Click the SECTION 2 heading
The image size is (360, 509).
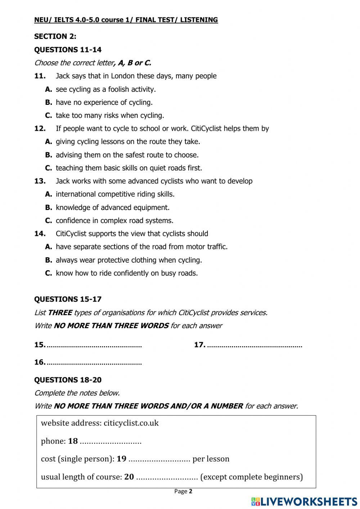[x=55, y=36]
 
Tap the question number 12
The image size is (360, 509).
[x=40, y=129]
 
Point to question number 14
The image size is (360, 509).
[x=40, y=234]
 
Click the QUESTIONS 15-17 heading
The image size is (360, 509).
[x=68, y=299]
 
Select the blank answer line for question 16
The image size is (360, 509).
[x=94, y=363]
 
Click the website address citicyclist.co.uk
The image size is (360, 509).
[x=131, y=423]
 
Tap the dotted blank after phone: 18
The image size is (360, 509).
[x=111, y=442]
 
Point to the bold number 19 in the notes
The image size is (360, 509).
[x=122, y=459]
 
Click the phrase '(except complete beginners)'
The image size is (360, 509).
[x=251, y=477]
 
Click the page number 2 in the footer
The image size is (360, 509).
[x=191, y=491]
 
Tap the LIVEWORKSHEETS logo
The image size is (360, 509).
[x=304, y=501]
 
